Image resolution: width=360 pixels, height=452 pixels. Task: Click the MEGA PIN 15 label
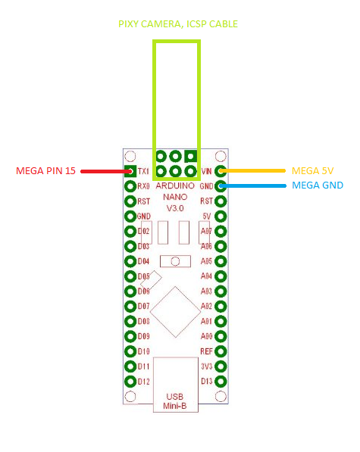click(x=45, y=171)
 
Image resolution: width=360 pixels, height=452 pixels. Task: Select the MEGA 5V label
click(x=312, y=170)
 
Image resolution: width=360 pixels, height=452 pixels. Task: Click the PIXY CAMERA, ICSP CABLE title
click(x=178, y=24)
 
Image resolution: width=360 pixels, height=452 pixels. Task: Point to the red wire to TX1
click(x=102, y=171)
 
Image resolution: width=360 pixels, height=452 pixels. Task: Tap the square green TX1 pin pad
click(x=129, y=171)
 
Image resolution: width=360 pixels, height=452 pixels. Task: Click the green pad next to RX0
click(x=129, y=185)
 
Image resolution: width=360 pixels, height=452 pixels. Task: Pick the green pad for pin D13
click(x=221, y=381)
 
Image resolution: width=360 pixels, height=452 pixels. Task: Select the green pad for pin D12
click(x=129, y=381)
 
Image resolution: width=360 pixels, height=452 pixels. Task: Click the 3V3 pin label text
click(x=206, y=366)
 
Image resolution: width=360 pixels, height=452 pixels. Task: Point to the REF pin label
click(x=206, y=351)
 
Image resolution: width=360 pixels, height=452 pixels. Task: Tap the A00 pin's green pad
click(x=221, y=336)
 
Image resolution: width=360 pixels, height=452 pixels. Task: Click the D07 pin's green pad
click(x=129, y=306)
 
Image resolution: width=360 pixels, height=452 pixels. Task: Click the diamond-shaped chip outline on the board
click(x=175, y=310)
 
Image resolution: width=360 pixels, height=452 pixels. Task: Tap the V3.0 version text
click(x=175, y=208)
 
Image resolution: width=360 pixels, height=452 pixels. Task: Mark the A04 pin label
click(x=206, y=276)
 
